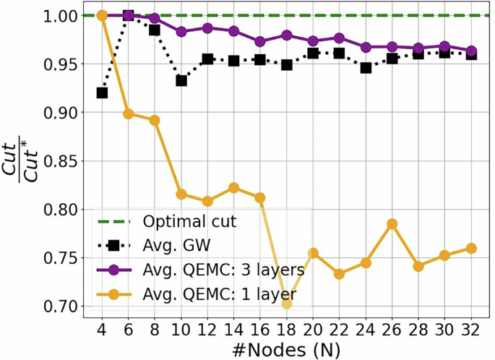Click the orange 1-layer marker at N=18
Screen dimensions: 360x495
click(x=287, y=304)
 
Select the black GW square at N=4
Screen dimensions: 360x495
click(x=102, y=93)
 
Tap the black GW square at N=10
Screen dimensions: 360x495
click(x=181, y=80)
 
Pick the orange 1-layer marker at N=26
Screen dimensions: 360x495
click(x=392, y=224)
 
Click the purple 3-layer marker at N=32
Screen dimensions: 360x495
click(x=471, y=51)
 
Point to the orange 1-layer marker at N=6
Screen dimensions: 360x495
click(x=129, y=113)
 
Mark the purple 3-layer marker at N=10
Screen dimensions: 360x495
click(x=181, y=32)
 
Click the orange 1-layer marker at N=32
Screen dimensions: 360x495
click(x=471, y=248)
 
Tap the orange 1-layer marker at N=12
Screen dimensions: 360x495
click(x=207, y=201)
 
